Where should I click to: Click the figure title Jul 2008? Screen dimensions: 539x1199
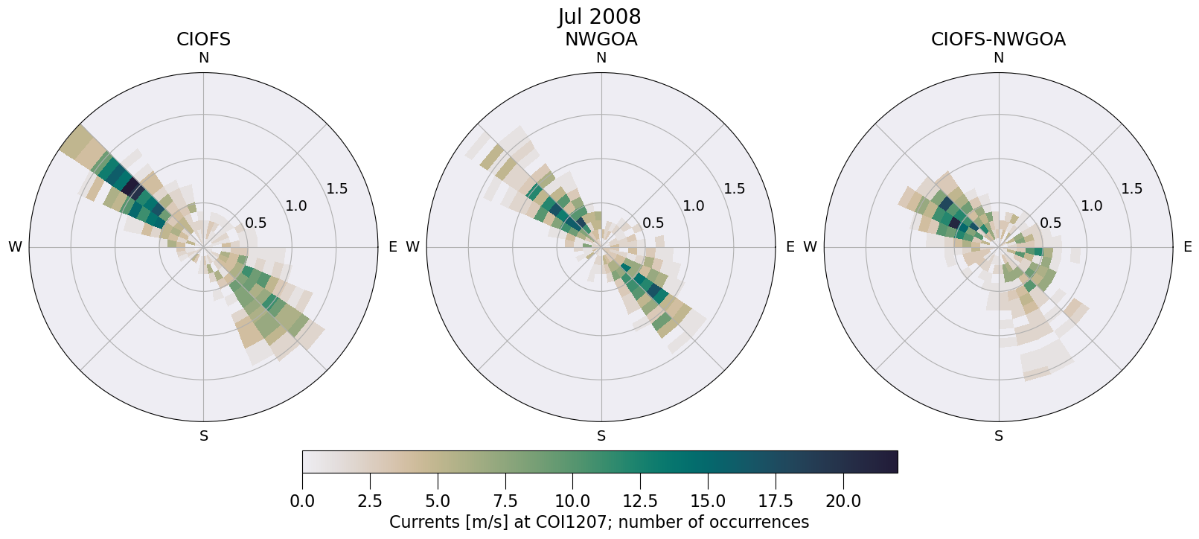[x=599, y=16]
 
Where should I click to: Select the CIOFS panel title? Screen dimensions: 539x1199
[x=203, y=39]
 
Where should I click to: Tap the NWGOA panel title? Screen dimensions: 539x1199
[x=601, y=39]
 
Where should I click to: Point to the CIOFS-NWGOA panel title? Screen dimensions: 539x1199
[x=998, y=39]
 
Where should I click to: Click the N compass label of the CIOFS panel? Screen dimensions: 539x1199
[x=203, y=58]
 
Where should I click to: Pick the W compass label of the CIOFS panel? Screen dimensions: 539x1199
[x=15, y=247]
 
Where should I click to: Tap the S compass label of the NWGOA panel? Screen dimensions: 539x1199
[x=601, y=436]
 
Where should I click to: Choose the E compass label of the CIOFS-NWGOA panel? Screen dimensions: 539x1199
[x=1187, y=247]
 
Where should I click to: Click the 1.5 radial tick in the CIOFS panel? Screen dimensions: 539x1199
[x=336, y=189]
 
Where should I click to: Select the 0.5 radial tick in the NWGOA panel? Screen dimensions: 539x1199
[x=653, y=223]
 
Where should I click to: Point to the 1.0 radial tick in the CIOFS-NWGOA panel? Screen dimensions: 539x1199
[x=1091, y=206]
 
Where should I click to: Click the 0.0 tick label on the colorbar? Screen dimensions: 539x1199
[x=302, y=501]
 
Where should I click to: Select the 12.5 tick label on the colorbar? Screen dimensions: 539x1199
[x=640, y=501]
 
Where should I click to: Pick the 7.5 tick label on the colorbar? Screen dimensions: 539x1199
[x=505, y=501]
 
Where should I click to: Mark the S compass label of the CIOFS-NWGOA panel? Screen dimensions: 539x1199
[x=998, y=436]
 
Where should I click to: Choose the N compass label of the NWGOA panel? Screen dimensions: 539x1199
[x=601, y=58]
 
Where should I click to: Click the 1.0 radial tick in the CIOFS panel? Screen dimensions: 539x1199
[x=296, y=206]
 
